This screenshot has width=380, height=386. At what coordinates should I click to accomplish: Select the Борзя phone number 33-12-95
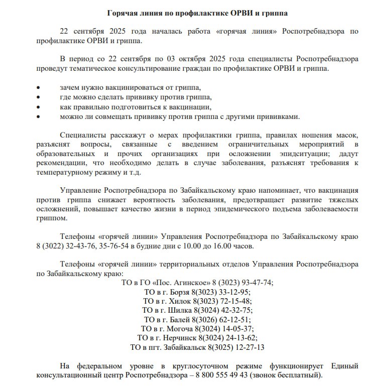[x=235, y=292]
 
